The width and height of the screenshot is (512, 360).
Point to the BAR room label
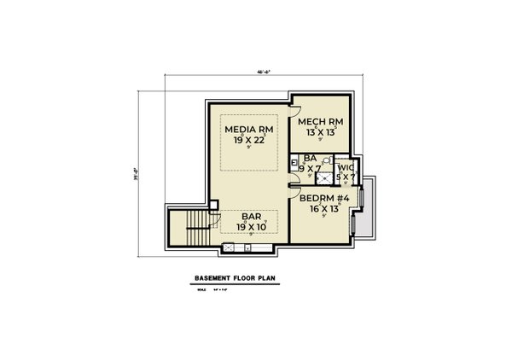pyautogui.click(x=250, y=218)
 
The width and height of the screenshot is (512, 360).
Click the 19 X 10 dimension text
pyautogui.click(x=250, y=227)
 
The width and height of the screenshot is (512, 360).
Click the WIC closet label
pyautogui.click(x=345, y=168)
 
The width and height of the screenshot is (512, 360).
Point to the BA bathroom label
pyautogui.click(x=308, y=158)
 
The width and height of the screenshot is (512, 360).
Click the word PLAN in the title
pyautogui.click(x=275, y=278)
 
